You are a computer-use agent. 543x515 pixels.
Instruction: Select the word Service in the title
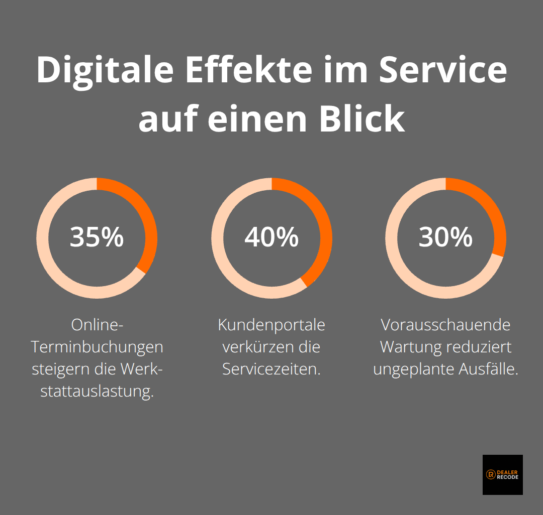tap(442, 70)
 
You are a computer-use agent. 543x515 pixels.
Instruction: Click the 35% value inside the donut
tap(97, 237)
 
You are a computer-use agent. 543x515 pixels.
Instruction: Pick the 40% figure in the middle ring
tap(271, 237)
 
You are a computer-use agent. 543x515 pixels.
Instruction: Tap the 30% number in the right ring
tap(445, 237)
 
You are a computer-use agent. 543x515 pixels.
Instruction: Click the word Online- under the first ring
tap(97, 325)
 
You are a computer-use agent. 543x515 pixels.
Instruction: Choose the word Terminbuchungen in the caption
tap(97, 347)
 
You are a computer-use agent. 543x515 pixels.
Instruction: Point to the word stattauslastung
tap(97, 392)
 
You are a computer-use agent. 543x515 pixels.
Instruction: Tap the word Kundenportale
tap(271, 325)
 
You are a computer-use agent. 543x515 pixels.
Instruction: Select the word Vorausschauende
tap(445, 325)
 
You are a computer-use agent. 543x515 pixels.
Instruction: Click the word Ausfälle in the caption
tap(488, 369)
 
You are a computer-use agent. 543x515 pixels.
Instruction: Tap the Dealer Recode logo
tap(502, 475)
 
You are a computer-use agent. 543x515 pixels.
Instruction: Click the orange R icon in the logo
tap(491, 475)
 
